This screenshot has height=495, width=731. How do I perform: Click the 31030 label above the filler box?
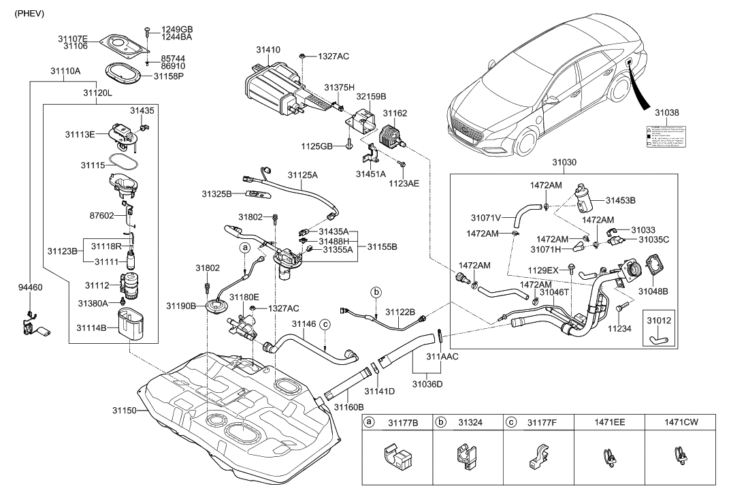pyautogui.click(x=562, y=164)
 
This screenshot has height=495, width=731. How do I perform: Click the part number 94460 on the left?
pyautogui.click(x=29, y=287)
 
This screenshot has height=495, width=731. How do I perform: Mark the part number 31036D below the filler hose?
pyautogui.click(x=427, y=385)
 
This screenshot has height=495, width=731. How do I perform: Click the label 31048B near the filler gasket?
pyautogui.click(x=653, y=291)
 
